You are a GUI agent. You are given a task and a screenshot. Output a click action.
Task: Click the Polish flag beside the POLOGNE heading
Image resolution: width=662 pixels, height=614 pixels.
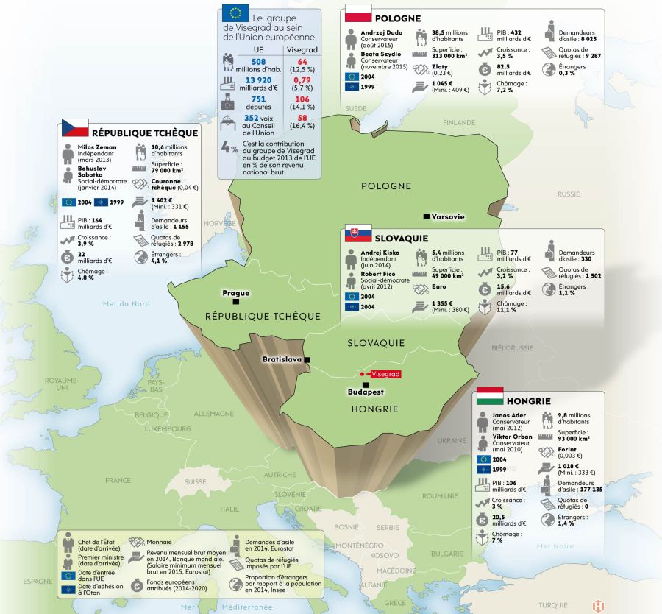359,13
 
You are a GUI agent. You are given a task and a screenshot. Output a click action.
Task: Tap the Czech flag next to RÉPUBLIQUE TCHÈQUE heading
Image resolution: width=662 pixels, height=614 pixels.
75,128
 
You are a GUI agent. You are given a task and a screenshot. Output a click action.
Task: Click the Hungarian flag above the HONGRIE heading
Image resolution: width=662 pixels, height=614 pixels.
490,396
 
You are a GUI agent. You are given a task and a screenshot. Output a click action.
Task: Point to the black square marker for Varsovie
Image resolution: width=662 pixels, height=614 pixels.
426,216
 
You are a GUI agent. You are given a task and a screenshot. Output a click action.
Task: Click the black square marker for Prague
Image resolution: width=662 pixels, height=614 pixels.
235,302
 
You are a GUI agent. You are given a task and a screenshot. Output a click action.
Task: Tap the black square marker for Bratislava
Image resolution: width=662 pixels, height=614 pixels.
307,359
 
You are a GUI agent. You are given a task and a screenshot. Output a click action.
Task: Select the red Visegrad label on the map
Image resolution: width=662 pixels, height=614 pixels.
385,375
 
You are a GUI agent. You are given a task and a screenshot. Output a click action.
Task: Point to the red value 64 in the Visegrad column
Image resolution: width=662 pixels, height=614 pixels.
302,62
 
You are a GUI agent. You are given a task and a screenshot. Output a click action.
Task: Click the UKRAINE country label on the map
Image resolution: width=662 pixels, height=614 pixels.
452,440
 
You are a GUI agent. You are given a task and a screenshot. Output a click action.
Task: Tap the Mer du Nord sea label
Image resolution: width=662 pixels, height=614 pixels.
127,303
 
